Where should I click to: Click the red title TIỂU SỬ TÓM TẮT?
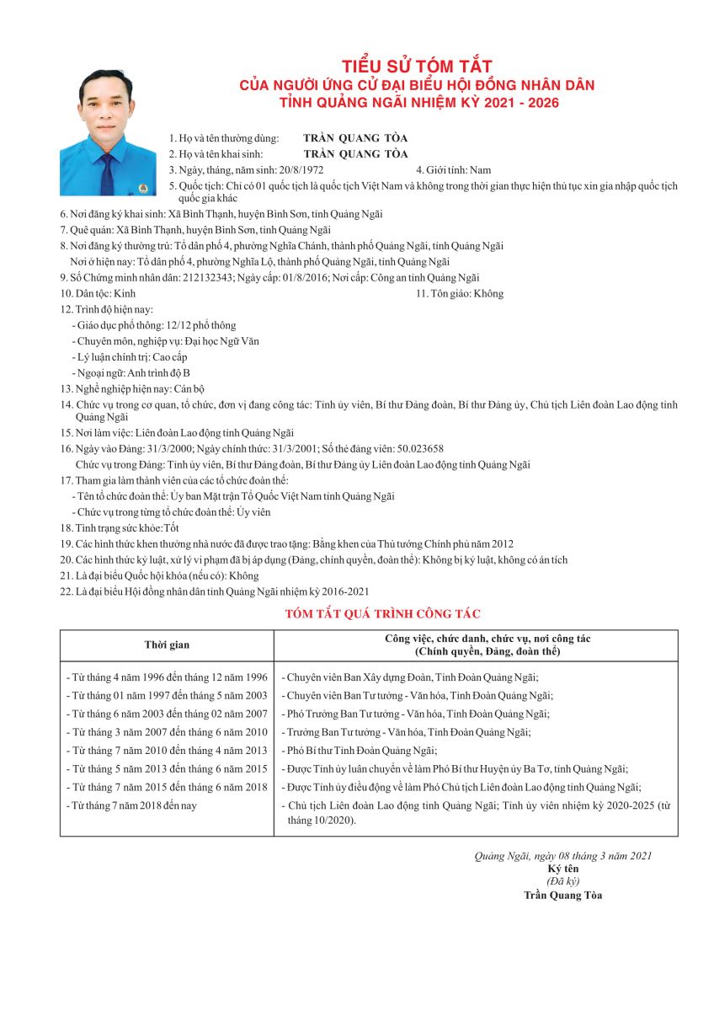(416, 66)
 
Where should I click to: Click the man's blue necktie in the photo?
(107, 172)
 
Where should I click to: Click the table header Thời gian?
(167, 645)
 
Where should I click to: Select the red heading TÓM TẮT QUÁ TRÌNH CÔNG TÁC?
(383, 614)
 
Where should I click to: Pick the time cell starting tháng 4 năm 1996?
(167, 677)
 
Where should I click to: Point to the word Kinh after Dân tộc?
(124, 293)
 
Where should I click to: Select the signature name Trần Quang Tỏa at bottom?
(562, 896)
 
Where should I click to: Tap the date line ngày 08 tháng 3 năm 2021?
(562, 856)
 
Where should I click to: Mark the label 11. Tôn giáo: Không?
(460, 293)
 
